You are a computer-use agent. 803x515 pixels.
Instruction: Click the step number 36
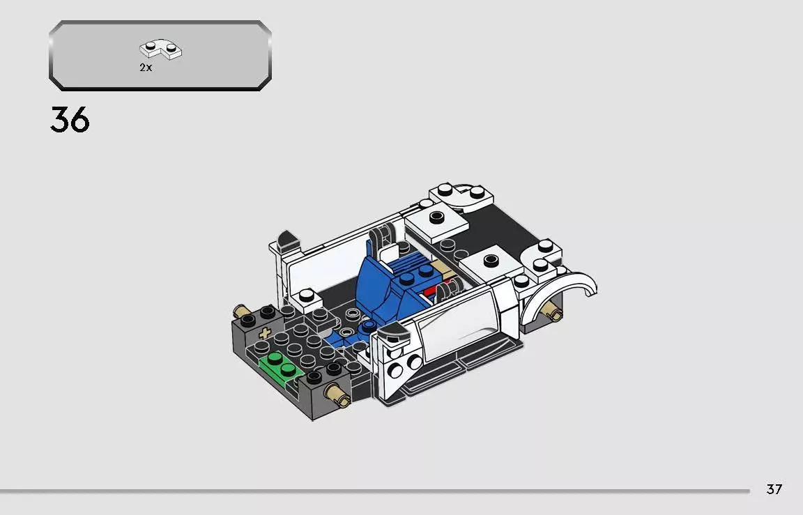pyautogui.click(x=70, y=121)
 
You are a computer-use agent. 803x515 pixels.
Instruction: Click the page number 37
pyautogui.click(x=774, y=489)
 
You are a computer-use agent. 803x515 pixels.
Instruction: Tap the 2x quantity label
pyautogui.click(x=146, y=68)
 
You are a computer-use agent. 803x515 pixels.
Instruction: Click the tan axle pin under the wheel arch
pyautogui.click(x=554, y=313)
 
